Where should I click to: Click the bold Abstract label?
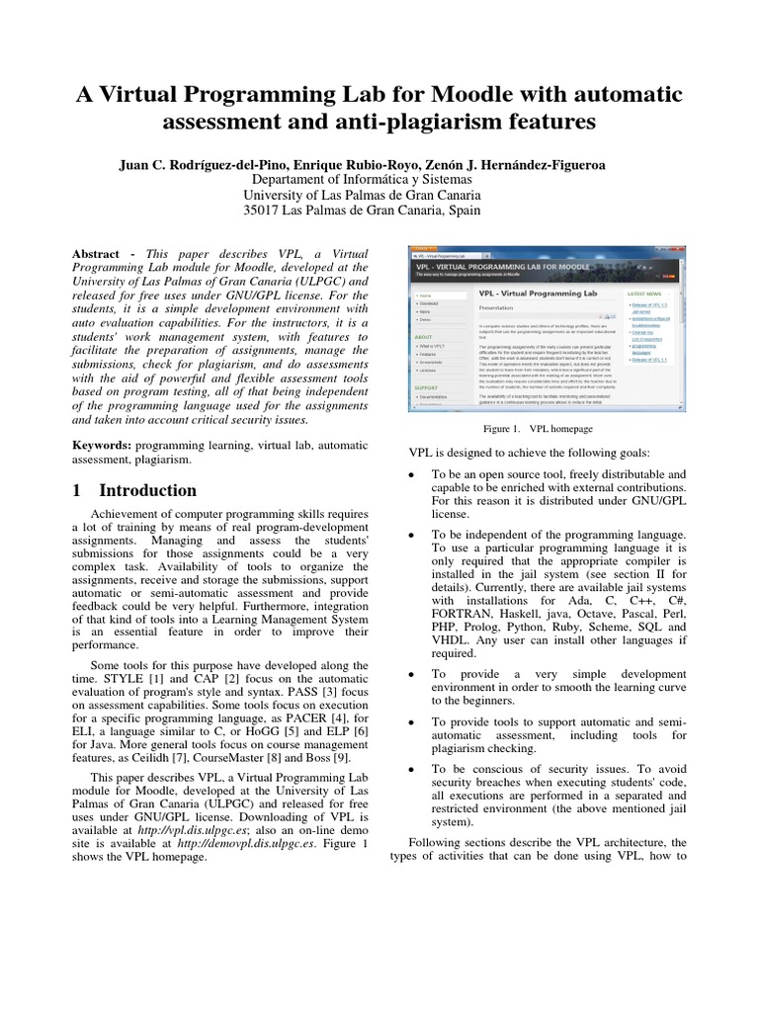pyautogui.click(x=103, y=253)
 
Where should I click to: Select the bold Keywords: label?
pyautogui.click(x=108, y=446)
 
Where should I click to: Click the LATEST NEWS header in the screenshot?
pyautogui.click(x=645, y=294)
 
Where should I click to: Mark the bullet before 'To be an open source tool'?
pyautogui.click(x=410, y=475)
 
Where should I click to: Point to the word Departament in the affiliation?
pyautogui.click(x=295, y=180)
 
